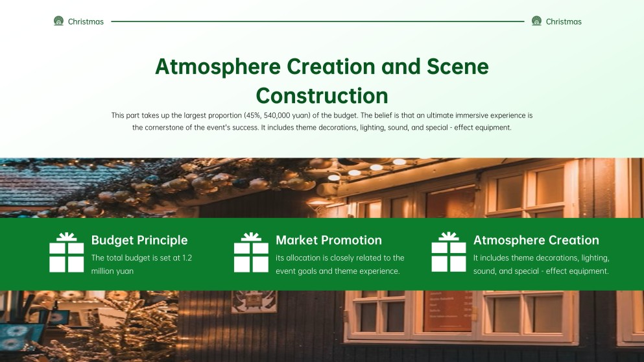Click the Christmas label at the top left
86,21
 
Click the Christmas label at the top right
564,21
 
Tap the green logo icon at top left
59,21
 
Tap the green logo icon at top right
536,21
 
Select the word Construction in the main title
322,95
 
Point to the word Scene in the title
458,67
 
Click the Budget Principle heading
139,240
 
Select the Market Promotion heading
329,240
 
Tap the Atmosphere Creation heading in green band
536,240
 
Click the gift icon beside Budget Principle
67,252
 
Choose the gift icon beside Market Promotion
251,252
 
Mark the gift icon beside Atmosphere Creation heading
449,252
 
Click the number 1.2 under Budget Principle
187,258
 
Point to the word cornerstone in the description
165,128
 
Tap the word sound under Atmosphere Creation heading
484,271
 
